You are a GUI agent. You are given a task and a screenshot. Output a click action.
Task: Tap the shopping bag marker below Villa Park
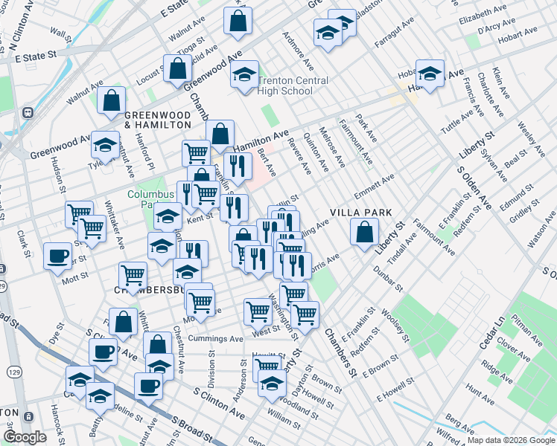[363, 233]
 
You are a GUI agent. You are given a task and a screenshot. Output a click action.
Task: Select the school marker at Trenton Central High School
[244, 74]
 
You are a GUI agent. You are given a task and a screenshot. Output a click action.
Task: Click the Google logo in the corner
[24, 437]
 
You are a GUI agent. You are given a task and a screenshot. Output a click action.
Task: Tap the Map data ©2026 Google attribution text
[510, 440]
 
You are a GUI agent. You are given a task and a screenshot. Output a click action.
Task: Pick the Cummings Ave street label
[217, 338]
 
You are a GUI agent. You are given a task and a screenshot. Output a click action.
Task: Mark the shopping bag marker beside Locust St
[179, 69]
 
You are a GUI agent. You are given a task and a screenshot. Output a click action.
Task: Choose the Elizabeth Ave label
[481, 18]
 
